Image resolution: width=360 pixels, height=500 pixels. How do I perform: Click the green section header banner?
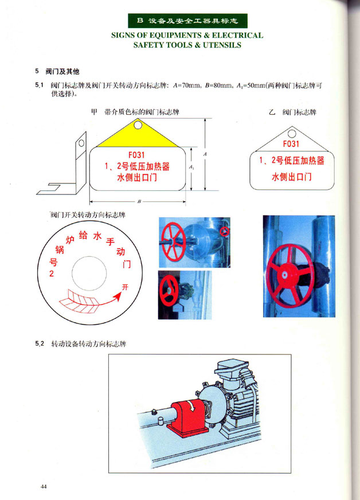point(187,21)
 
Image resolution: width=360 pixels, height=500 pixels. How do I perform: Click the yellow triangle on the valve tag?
point(138,137)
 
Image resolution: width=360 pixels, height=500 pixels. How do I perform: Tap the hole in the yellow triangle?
point(138,124)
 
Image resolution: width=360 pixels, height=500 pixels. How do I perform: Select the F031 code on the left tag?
point(136,155)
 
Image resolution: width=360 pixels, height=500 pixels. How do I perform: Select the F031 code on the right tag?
point(291,144)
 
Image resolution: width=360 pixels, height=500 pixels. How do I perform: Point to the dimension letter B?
point(139,201)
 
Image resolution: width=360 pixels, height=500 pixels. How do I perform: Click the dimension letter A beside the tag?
point(205,154)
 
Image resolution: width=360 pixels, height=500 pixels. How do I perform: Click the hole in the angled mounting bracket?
point(81,143)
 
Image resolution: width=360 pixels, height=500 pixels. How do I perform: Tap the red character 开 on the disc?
point(125,287)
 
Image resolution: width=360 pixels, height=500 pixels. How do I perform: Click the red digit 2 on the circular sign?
point(52,274)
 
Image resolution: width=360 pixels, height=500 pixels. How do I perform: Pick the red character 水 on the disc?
point(97,236)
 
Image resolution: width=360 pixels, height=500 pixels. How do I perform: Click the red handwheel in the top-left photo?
point(174,241)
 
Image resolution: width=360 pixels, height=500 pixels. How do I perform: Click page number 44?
point(44,486)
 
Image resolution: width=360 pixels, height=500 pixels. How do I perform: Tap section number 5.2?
point(40,344)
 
